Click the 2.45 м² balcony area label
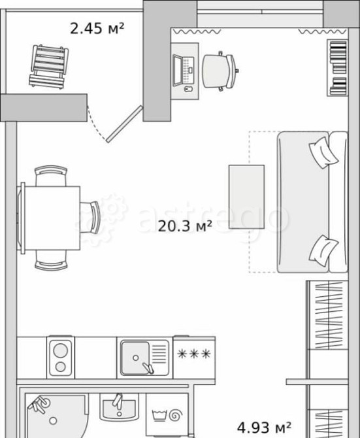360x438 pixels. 97,29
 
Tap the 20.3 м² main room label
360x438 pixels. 185,226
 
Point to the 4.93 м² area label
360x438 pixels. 264,427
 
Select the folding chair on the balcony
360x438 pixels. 49,67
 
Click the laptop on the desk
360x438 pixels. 183,71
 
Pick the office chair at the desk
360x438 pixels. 220,71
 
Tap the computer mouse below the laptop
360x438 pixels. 189,89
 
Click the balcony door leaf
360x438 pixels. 124,124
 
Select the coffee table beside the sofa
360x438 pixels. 247,197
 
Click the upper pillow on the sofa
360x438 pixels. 323,152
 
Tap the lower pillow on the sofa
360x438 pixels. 323,250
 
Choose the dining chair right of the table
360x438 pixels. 90,217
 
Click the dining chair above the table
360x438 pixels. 51,176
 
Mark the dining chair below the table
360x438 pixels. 51,260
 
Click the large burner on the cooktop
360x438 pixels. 61,350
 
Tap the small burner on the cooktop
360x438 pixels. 61,367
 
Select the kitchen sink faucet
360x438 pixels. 148,367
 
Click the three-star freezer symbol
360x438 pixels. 193,354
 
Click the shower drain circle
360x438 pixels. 53,420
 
